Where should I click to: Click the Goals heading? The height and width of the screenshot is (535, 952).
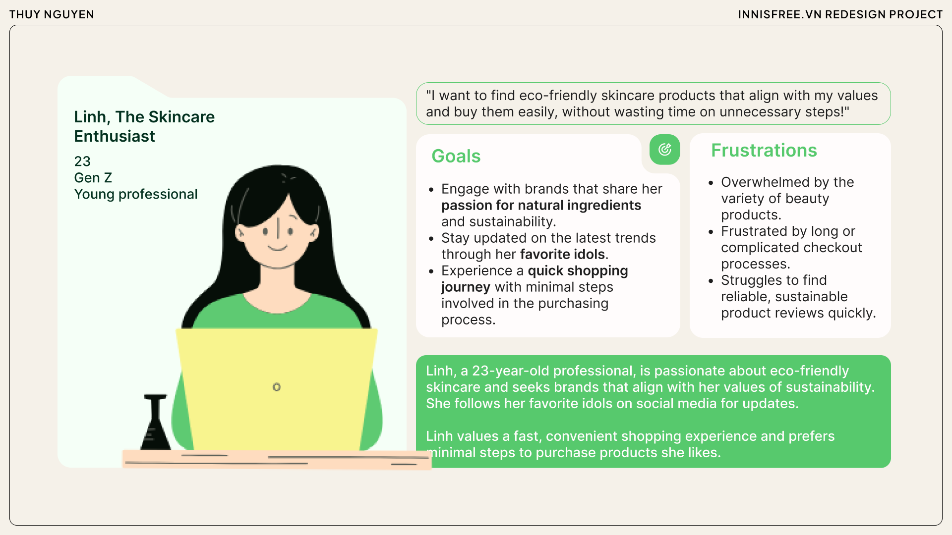[456, 156]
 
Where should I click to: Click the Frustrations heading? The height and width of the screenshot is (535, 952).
[764, 150]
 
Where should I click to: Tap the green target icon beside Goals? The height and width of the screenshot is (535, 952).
[664, 149]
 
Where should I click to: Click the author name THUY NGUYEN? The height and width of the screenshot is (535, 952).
[52, 14]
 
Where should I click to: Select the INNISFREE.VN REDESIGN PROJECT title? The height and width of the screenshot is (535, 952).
[840, 14]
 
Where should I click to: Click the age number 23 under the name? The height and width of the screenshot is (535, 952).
[82, 161]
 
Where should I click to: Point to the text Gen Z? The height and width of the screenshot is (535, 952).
[93, 178]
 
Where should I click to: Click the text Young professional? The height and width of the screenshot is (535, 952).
[135, 194]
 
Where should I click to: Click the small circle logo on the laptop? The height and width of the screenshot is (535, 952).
[277, 387]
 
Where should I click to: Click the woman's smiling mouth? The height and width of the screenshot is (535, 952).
[278, 248]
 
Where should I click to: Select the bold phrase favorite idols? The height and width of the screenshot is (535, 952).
[562, 254]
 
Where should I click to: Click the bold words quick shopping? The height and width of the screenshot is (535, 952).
[578, 270]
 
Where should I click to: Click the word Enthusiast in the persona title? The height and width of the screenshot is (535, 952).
[115, 136]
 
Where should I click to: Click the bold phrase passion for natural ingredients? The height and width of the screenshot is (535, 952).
[541, 205]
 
